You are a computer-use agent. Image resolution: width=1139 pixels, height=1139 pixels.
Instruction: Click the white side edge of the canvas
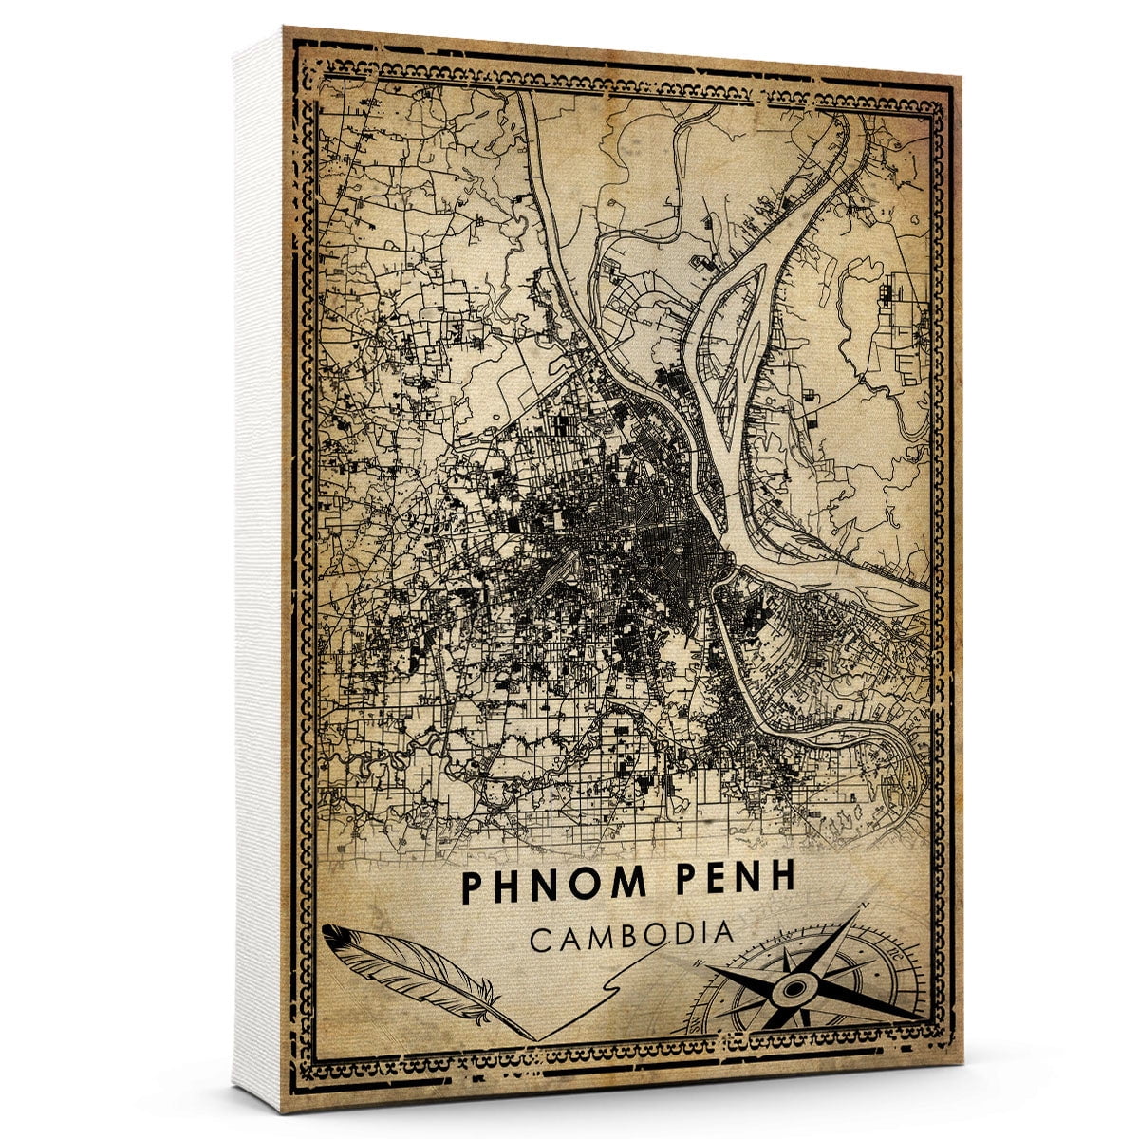[x=256, y=569]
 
